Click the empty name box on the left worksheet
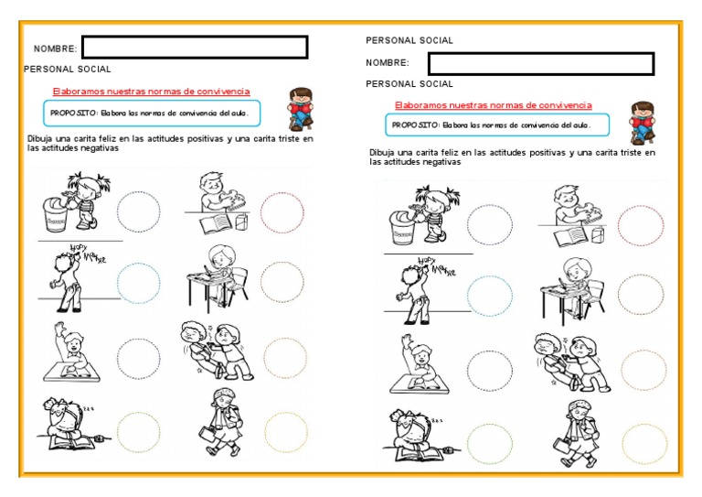pos(195,48)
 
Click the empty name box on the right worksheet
pos(541,63)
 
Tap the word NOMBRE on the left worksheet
pos(55,49)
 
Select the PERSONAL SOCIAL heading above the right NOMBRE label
pos(409,40)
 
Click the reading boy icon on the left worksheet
pos(298,107)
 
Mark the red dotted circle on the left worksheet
pos(282,213)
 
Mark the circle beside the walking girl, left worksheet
pos(286,432)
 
